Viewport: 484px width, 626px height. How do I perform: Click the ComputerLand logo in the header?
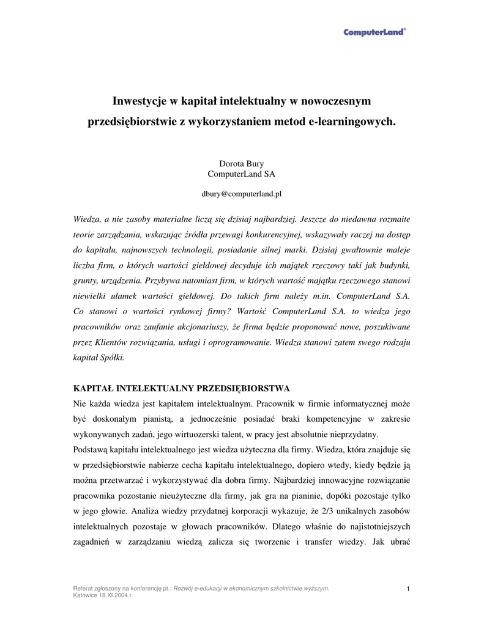(374, 32)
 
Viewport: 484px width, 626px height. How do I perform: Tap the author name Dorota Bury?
(242, 163)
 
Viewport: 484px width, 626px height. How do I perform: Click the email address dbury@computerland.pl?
(242, 194)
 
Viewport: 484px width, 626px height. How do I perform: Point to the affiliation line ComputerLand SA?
(242, 174)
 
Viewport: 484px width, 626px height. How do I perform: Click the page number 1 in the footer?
(408, 589)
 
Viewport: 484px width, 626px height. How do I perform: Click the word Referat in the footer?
(84, 588)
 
